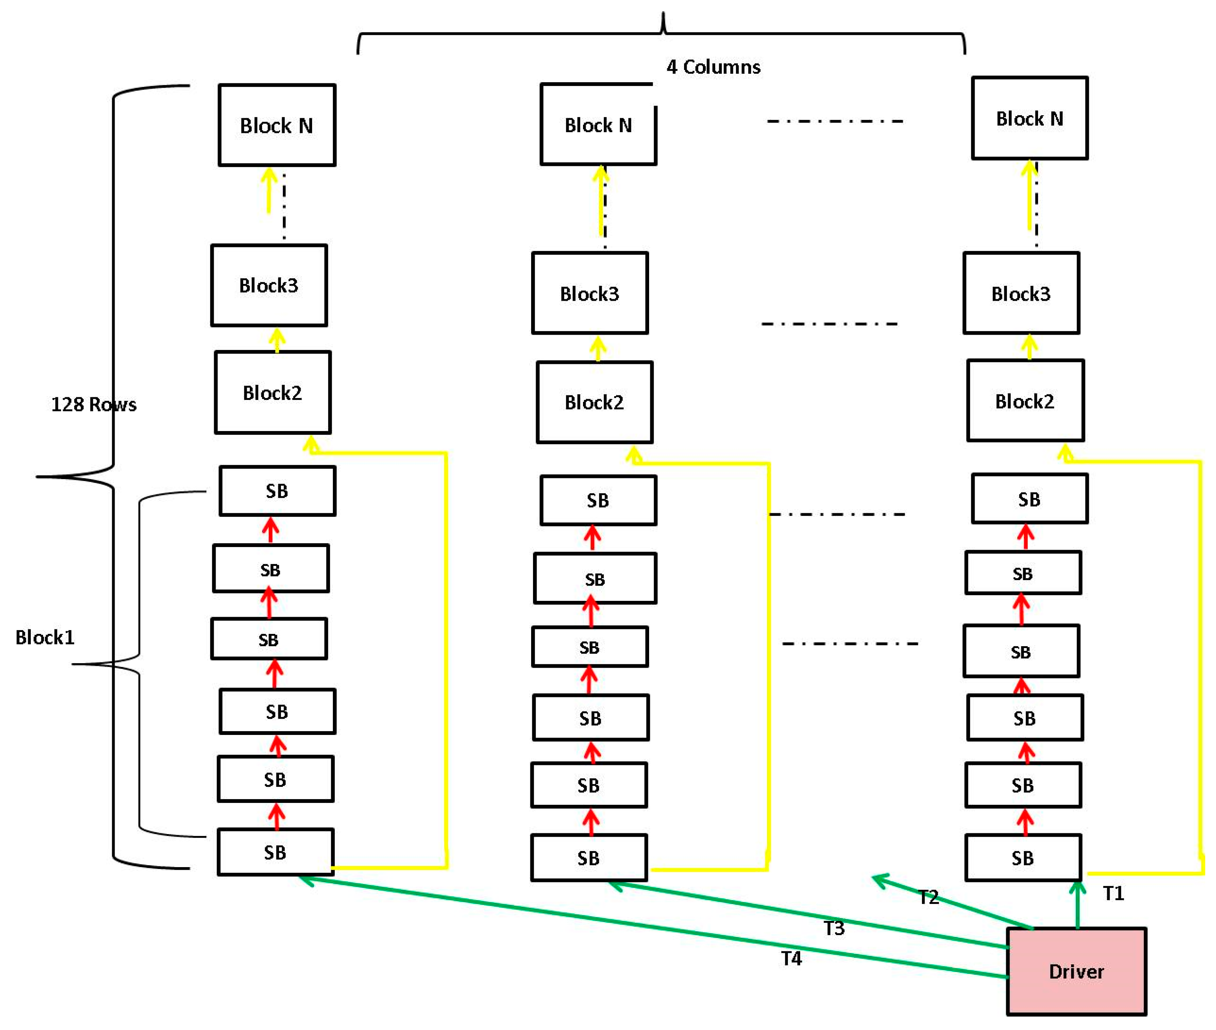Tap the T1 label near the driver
[1113, 893]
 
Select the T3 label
[834, 928]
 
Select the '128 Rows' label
[93, 404]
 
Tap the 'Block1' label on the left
[45, 637]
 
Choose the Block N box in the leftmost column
[277, 125]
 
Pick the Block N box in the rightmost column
[1029, 118]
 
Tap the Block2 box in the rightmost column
[1025, 401]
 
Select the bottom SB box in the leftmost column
[275, 852]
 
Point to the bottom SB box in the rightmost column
[1023, 858]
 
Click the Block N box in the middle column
[598, 124]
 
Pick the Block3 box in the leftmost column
[269, 285]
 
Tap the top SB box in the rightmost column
[1029, 499]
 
